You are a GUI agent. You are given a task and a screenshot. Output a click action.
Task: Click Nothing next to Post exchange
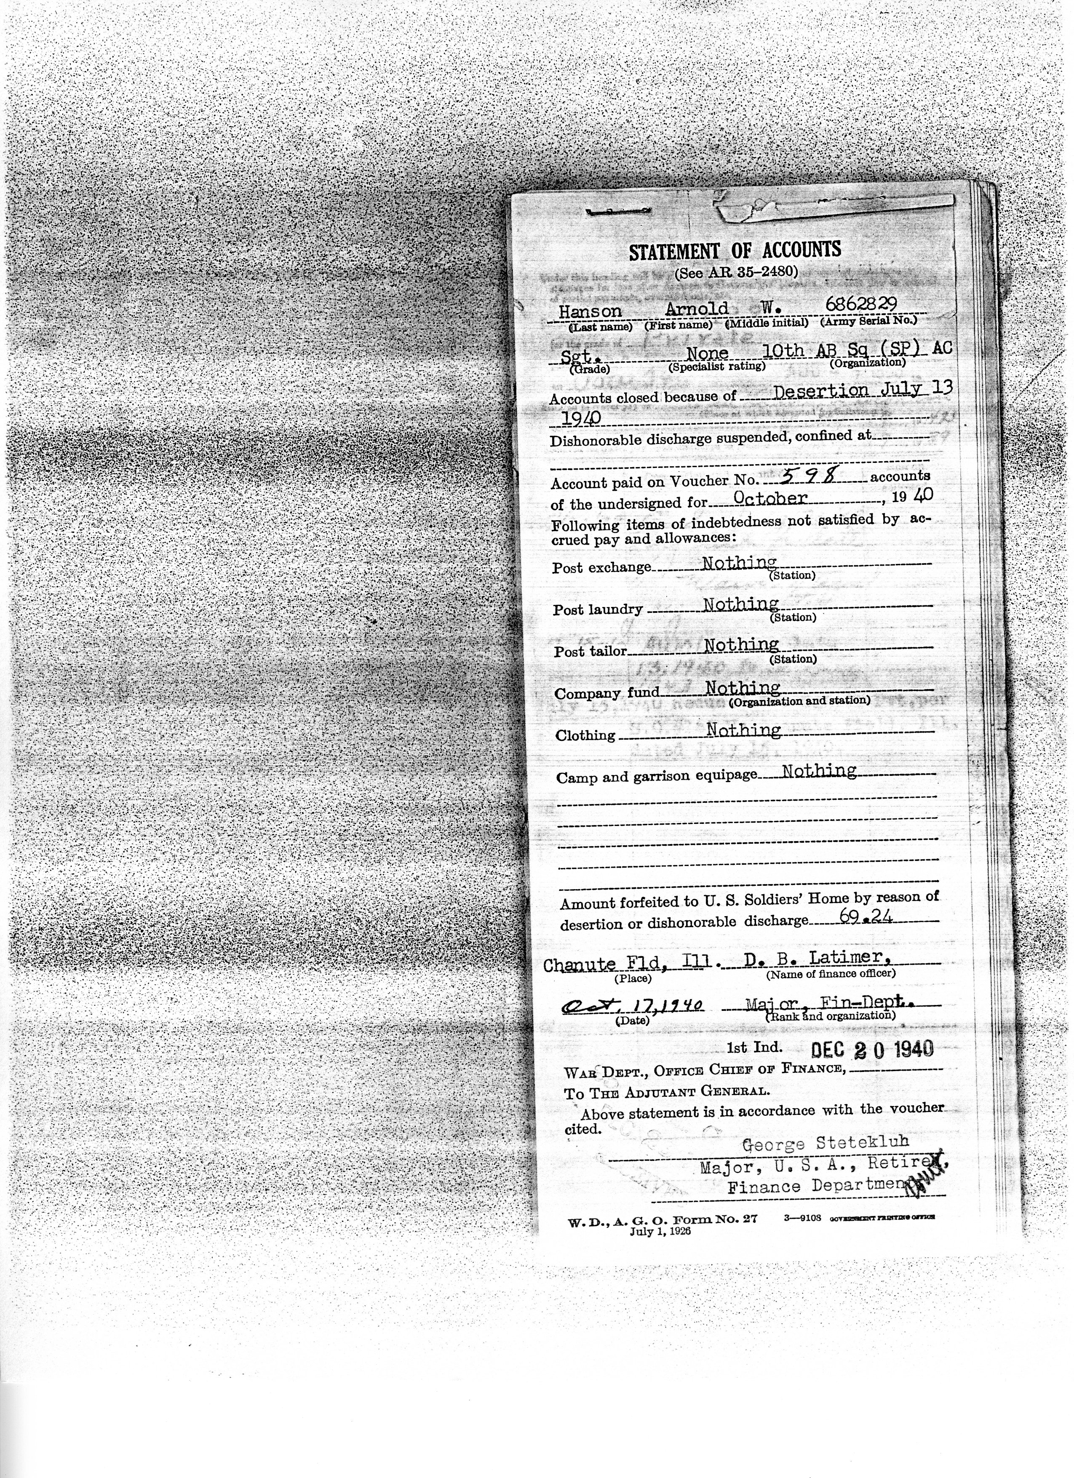(738, 562)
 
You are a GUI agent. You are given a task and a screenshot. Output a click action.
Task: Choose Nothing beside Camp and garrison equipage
(818, 771)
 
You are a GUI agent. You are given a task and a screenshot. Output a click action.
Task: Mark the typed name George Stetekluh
(825, 1142)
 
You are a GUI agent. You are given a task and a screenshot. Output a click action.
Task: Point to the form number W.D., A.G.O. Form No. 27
(662, 1220)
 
